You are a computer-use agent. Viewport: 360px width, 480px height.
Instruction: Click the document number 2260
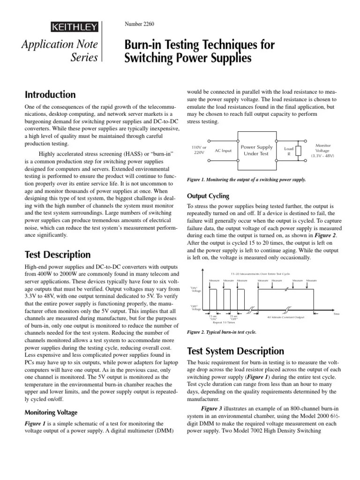click(139, 23)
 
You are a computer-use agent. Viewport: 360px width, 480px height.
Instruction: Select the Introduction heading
click(50, 94)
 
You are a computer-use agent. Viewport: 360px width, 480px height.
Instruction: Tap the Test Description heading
click(57, 255)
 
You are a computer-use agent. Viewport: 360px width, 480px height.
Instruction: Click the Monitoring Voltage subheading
click(51, 412)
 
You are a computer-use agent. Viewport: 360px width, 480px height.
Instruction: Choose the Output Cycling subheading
click(208, 195)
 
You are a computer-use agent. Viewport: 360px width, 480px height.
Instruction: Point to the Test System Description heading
click(235, 351)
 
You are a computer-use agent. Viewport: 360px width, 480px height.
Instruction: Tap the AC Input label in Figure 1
click(223, 150)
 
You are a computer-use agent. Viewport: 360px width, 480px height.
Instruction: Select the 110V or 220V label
click(199, 150)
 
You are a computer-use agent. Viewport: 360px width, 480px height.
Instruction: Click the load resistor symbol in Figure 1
click(298, 150)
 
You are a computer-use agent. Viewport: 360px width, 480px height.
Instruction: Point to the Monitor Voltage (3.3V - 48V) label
click(322, 150)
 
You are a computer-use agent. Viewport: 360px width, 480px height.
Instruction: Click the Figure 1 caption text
click(246, 180)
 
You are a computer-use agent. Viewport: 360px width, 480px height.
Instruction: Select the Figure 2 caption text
click(222, 332)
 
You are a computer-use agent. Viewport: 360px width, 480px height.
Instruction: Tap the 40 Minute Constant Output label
click(285, 317)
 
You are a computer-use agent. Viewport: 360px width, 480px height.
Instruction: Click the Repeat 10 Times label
click(224, 322)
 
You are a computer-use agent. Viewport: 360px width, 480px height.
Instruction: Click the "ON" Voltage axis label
click(196, 289)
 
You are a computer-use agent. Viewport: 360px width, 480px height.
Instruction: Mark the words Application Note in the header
click(60, 45)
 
